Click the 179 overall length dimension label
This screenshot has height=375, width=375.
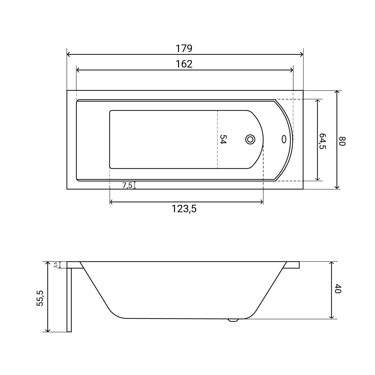tap(184, 48)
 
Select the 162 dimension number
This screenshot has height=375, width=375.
tap(184, 64)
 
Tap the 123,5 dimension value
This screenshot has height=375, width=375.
tap(184, 208)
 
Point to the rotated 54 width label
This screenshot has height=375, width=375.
tap(223, 139)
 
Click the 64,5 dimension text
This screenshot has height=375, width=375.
tap(322, 141)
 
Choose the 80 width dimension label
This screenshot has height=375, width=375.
tap(342, 141)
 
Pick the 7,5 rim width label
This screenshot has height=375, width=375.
tap(127, 185)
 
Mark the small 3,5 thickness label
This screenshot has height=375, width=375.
tap(56, 265)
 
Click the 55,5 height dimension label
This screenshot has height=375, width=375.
tap(40, 298)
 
